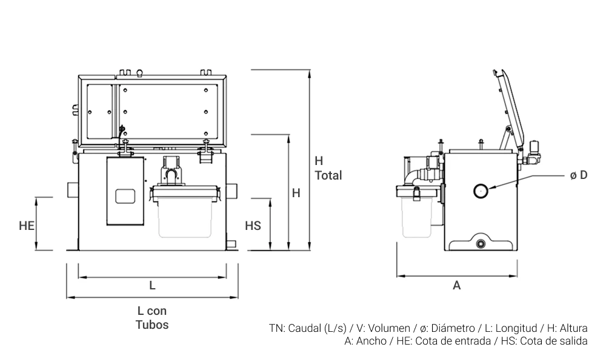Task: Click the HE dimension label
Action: click(x=26, y=226)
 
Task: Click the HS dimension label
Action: click(x=253, y=226)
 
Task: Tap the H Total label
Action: click(x=328, y=169)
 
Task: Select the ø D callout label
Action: click(x=579, y=175)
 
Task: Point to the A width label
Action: click(x=457, y=285)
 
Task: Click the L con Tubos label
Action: click(x=152, y=317)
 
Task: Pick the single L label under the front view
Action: click(x=152, y=285)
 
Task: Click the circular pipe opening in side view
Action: click(x=481, y=190)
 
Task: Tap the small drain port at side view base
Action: click(x=481, y=244)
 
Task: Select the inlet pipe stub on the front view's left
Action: click(x=73, y=189)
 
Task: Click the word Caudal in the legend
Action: click(x=304, y=328)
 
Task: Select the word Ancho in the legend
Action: click(x=371, y=341)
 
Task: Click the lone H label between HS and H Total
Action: click(x=296, y=194)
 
